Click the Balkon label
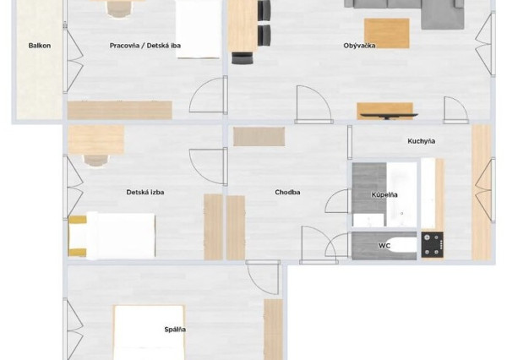[x=39, y=46]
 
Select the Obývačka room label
[x=359, y=46]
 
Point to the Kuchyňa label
[x=421, y=141]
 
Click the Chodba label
[x=287, y=192]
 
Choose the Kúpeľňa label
[x=384, y=195]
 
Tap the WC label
[x=384, y=246]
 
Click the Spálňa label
[x=175, y=329]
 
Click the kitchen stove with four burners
[x=433, y=244]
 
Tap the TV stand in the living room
[x=386, y=111]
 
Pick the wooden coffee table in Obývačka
[x=386, y=33]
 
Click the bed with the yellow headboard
[x=114, y=235]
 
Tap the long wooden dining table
[x=242, y=25]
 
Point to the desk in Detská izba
[x=95, y=139]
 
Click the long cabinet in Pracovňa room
[x=119, y=110]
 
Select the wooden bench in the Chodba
[x=259, y=136]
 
